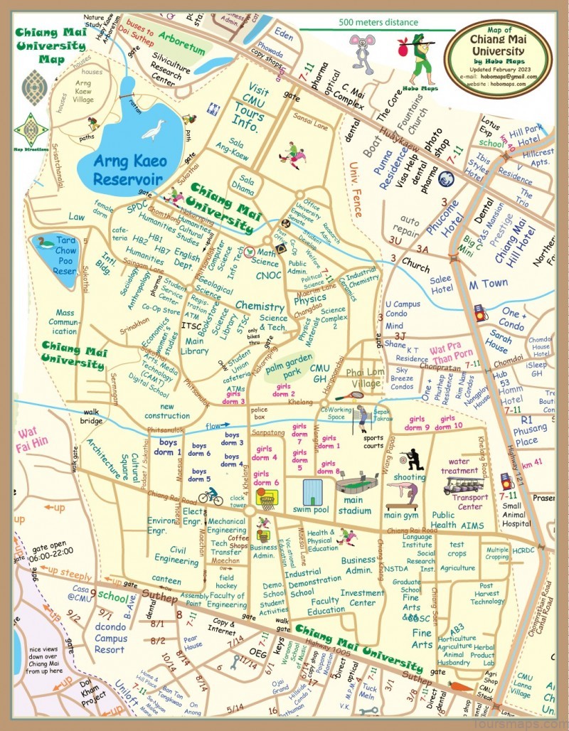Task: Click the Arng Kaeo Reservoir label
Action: click(129, 169)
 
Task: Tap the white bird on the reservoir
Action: click(153, 129)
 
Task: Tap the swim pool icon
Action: click(313, 492)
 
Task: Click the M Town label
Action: click(488, 284)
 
